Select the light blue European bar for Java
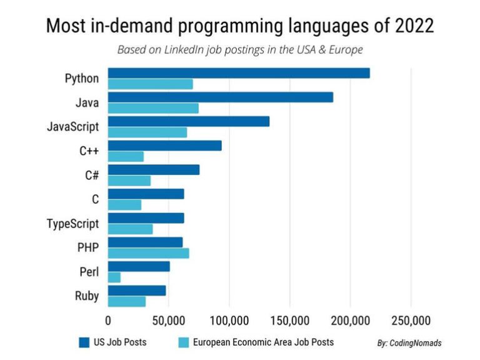click(x=153, y=108)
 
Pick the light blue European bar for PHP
click(x=149, y=253)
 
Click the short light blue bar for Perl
click(x=114, y=277)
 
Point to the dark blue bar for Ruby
click(x=137, y=291)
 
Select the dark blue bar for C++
click(x=165, y=146)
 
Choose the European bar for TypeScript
click(x=131, y=229)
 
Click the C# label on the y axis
click(x=92, y=175)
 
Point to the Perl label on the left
click(x=89, y=272)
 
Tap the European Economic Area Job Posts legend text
click(x=263, y=342)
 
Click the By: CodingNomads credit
click(x=409, y=343)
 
